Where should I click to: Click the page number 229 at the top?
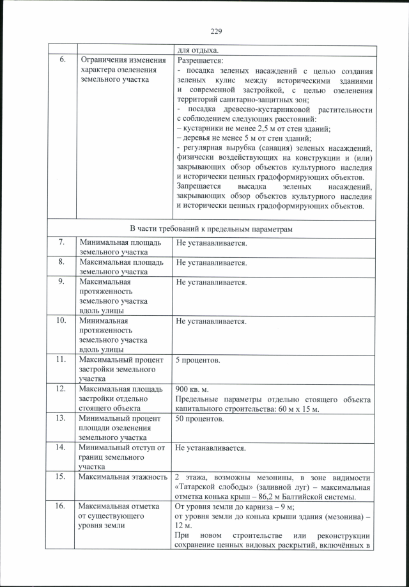coord(215,31)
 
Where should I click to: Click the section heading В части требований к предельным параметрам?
coord(211,229)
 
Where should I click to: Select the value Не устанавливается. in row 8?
coord(211,263)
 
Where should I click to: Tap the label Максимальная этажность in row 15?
coord(121,477)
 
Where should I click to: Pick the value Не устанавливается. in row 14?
coord(211,448)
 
